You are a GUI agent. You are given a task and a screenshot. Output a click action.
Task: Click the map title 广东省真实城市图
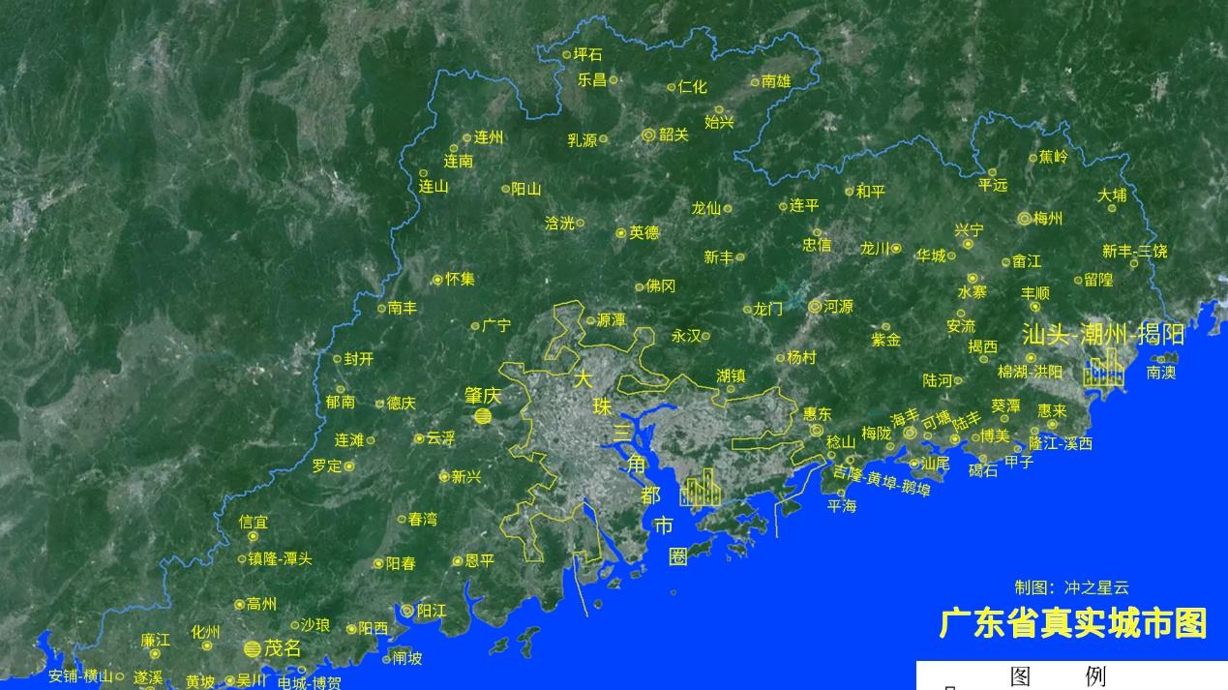click(1072, 623)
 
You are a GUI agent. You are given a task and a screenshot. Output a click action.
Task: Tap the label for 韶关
click(674, 135)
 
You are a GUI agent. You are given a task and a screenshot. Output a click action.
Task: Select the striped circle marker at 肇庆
click(483, 416)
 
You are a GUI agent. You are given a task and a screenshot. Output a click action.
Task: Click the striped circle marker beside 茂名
click(253, 648)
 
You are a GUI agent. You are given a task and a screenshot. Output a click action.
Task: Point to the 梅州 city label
click(1048, 219)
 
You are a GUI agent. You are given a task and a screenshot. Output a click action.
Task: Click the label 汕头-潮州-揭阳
click(1103, 335)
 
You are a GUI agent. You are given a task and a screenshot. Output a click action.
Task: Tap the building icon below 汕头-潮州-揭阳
click(1103, 368)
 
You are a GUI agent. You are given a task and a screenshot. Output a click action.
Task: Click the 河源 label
click(838, 307)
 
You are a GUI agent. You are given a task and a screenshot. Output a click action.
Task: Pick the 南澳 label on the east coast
click(1161, 372)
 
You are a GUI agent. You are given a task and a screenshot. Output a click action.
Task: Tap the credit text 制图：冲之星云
click(1071, 587)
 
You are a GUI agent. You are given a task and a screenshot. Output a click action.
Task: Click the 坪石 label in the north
click(587, 54)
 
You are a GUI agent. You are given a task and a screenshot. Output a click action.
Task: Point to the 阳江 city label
click(432, 611)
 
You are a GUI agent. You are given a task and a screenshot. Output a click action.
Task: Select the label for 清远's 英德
click(644, 232)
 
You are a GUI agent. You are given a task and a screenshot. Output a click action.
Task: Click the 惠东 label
click(818, 414)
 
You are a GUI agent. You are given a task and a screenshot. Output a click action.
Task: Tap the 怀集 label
click(461, 279)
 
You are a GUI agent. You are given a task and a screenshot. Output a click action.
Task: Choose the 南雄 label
click(776, 81)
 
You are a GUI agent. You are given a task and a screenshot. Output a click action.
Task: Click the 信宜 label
click(254, 522)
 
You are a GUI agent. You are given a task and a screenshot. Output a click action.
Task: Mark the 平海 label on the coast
click(842, 505)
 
